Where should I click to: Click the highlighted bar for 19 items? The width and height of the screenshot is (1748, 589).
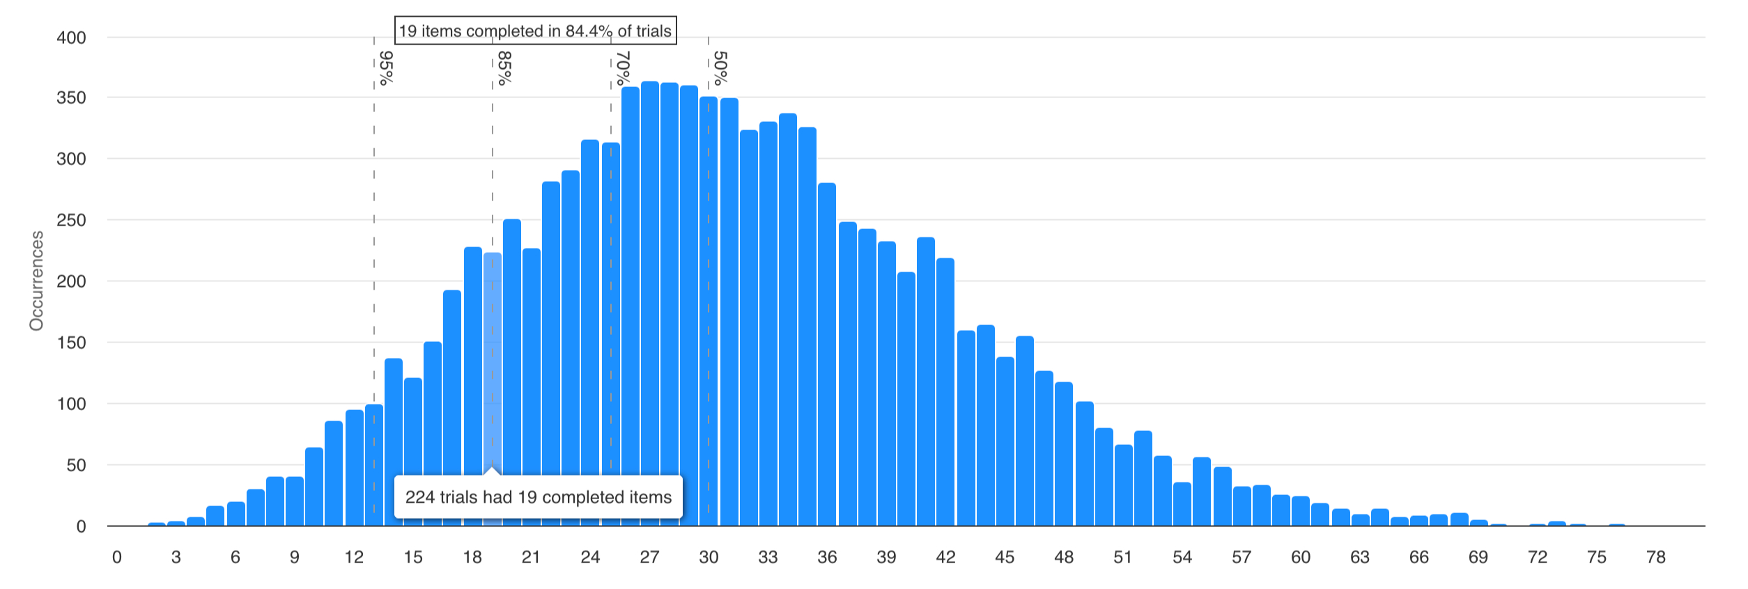tap(493, 348)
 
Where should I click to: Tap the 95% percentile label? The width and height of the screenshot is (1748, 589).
tap(386, 68)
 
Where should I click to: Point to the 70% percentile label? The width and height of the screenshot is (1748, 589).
tap(623, 68)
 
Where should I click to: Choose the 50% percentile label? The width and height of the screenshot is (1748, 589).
tap(720, 68)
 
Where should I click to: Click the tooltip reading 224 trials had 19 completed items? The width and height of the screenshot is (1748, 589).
tap(538, 497)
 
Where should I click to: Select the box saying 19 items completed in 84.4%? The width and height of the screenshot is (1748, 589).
tap(535, 31)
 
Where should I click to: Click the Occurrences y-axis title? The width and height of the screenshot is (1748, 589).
tap(36, 281)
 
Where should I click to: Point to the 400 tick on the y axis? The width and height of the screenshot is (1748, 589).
tap(71, 38)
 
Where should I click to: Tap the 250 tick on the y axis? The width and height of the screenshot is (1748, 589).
tap(71, 220)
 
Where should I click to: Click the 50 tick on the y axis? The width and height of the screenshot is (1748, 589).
tap(76, 465)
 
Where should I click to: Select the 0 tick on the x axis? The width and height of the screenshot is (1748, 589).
tap(117, 557)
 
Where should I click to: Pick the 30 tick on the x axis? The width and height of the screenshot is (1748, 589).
tap(709, 557)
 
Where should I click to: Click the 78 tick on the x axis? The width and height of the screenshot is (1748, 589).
tap(1656, 557)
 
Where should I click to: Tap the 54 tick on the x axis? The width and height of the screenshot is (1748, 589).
tap(1182, 557)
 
